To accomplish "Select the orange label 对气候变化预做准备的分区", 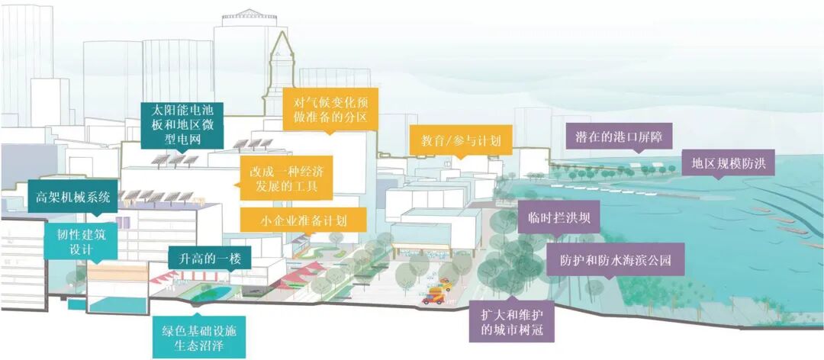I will [330, 109].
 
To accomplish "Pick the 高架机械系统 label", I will [73, 198].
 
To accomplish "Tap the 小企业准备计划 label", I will [303, 220].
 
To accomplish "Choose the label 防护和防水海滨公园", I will [614, 260].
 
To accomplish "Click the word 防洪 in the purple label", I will [762, 163].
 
